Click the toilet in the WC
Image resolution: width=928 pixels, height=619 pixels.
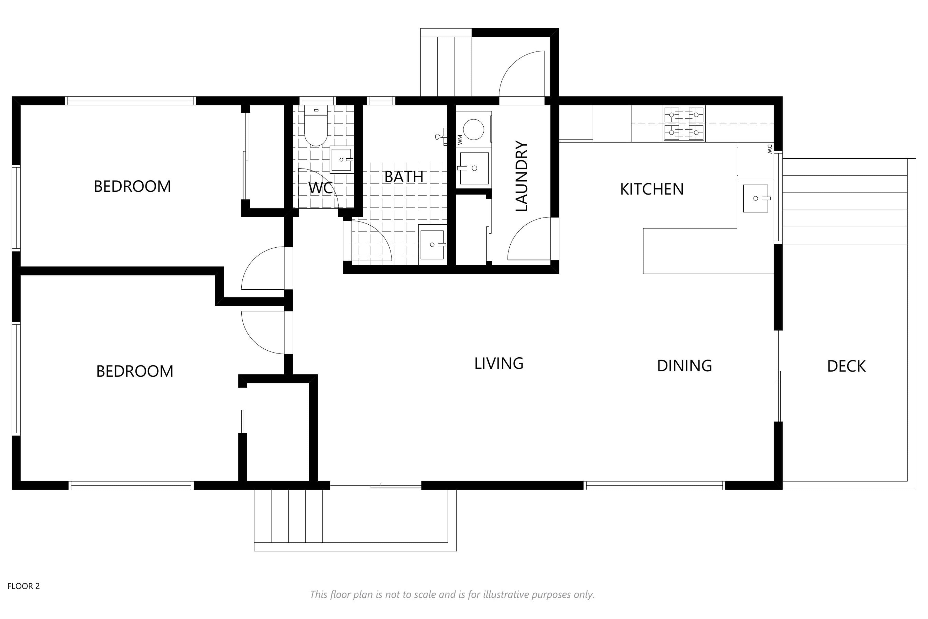(x=316, y=126)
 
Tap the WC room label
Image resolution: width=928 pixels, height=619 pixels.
(x=320, y=188)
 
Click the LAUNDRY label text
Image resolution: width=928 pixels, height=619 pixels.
(x=522, y=176)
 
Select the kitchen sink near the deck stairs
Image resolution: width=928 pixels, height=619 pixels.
(x=756, y=198)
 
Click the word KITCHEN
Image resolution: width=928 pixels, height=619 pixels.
(x=652, y=190)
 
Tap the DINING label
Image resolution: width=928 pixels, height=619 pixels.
(x=685, y=366)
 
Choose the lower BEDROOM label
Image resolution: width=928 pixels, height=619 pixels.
(x=135, y=371)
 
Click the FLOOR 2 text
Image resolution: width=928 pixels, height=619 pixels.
(x=24, y=586)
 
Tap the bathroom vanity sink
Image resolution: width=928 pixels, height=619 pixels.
(x=432, y=245)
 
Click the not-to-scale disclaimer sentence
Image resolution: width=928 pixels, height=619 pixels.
(x=452, y=595)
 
